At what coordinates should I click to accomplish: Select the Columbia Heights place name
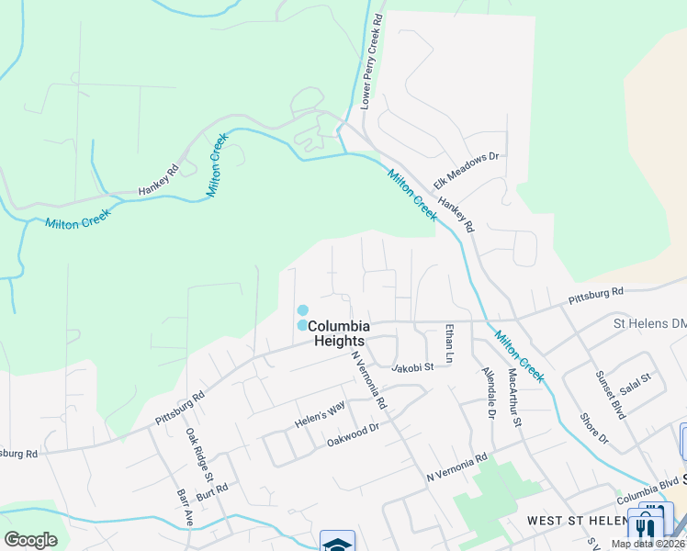point(339,333)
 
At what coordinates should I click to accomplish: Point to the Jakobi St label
point(411,368)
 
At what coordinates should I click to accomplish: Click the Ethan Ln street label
point(449,342)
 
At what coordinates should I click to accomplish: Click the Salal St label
point(635,379)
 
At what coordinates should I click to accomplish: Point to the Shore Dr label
point(594,427)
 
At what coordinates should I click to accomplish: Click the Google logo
point(30,540)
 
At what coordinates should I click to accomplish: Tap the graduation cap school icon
point(337,543)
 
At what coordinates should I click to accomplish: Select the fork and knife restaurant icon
point(645,528)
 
